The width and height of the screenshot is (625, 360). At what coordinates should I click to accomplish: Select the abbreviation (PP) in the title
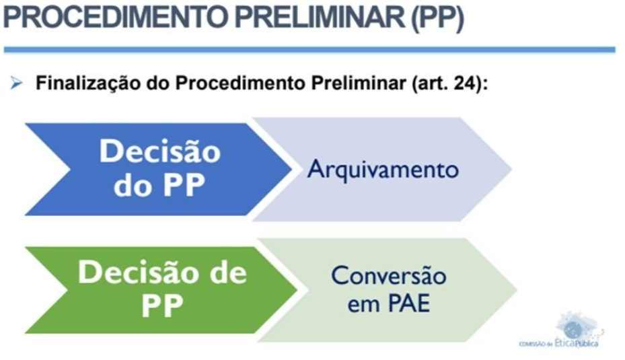[x=438, y=18]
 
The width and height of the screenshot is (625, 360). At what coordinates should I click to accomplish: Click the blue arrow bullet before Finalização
[x=16, y=83]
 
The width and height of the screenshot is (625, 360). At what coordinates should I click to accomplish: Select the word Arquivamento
[x=383, y=170]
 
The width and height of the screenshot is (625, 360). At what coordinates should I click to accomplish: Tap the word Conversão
[x=389, y=275]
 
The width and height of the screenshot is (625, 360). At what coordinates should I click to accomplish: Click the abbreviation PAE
[x=409, y=303]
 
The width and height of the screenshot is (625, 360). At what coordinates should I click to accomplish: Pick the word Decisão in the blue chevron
[x=160, y=151]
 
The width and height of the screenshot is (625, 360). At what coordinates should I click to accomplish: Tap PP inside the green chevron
[x=163, y=305]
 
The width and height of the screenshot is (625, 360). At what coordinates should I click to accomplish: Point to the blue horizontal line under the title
[x=309, y=50]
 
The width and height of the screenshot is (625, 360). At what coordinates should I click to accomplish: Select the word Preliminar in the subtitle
[x=359, y=83]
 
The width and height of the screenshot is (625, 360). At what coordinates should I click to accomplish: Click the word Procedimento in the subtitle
[x=241, y=83]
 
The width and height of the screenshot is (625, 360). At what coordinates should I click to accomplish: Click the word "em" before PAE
[x=364, y=305]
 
